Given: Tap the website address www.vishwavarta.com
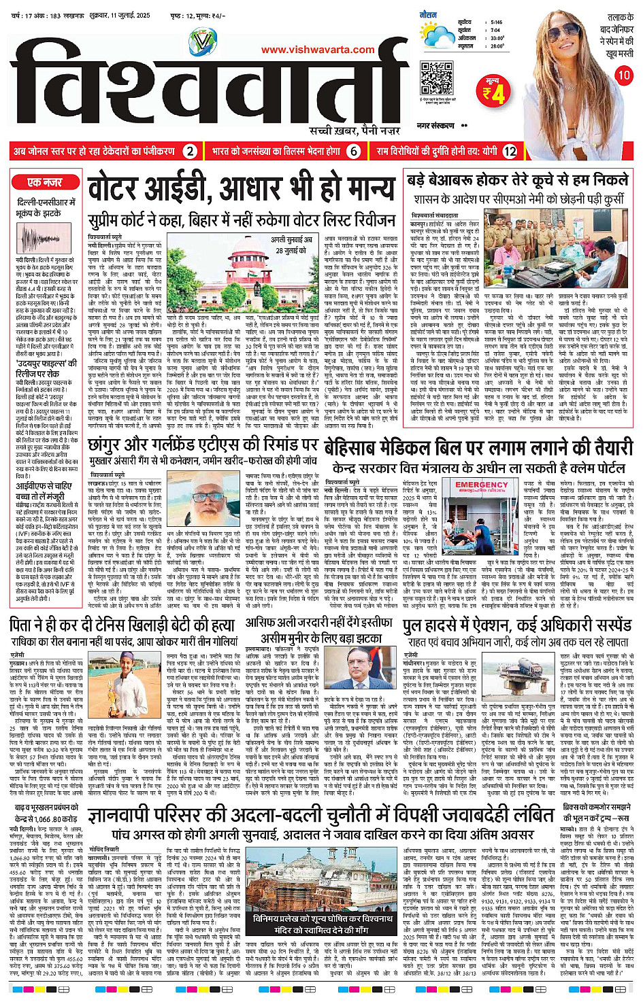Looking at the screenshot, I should click(x=318, y=49).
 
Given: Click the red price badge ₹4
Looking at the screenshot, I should click(x=493, y=92).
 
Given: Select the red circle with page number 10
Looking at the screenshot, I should click(x=624, y=75).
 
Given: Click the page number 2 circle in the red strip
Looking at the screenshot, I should click(x=191, y=152).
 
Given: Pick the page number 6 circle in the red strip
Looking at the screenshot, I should click(x=353, y=152).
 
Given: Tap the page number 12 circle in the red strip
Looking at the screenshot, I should click(x=509, y=152).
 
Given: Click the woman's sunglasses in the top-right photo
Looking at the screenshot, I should click(x=569, y=33).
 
